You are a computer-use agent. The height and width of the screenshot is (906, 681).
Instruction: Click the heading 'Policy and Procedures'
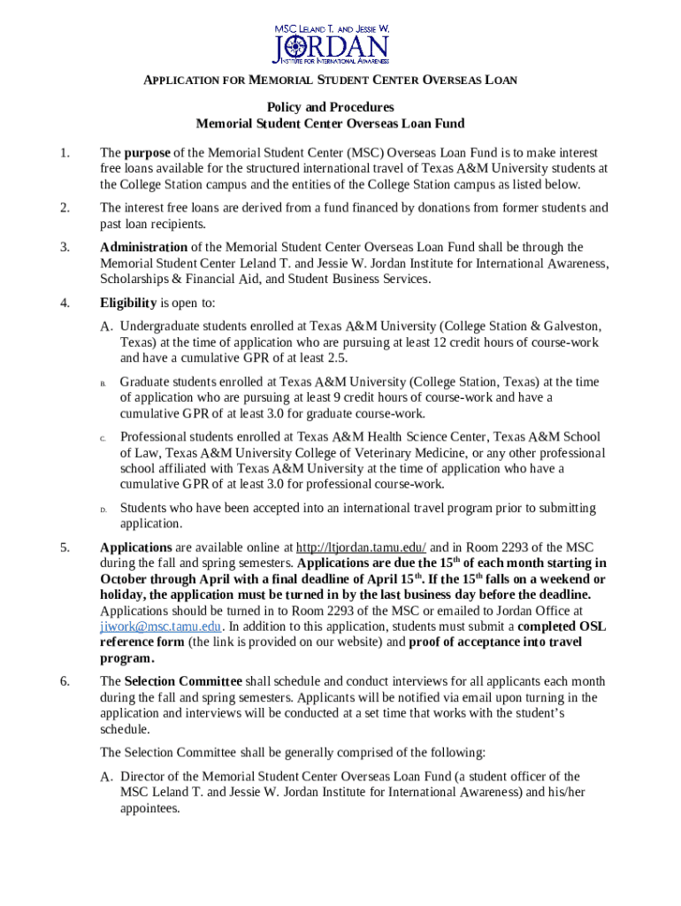tap(330, 107)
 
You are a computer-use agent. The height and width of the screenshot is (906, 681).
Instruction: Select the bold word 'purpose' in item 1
tap(147, 153)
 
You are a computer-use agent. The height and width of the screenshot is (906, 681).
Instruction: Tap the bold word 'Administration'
tap(143, 247)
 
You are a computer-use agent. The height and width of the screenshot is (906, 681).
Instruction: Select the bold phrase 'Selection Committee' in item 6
tap(183, 681)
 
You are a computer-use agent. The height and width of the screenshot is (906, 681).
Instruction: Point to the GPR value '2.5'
tap(337, 357)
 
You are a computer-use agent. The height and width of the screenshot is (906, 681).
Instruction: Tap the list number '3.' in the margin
tap(65, 247)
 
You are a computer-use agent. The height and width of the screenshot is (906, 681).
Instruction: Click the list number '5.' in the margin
tap(65, 548)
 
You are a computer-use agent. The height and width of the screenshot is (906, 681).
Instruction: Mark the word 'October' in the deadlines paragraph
tap(126, 580)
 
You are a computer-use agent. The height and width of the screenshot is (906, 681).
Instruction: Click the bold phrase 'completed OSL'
tap(567, 626)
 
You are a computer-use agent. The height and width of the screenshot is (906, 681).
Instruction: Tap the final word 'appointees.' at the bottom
tap(150, 808)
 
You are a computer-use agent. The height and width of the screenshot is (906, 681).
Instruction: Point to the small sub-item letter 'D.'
tap(103, 510)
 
